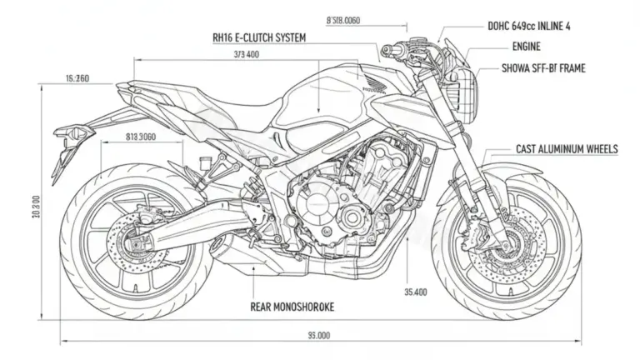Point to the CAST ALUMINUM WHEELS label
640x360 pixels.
coord(567,149)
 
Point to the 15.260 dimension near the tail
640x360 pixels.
coord(77,78)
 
